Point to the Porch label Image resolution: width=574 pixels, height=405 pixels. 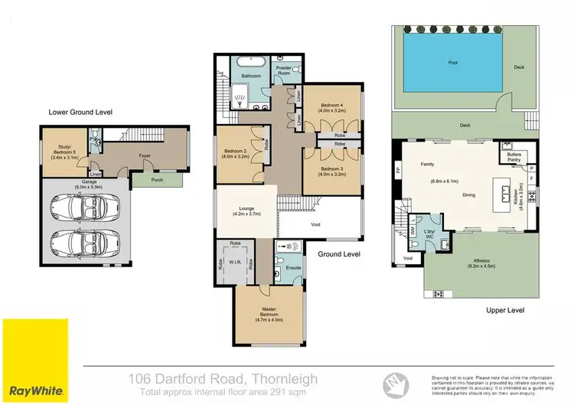(x=158, y=181)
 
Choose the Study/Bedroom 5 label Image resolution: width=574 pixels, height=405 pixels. (x=61, y=150)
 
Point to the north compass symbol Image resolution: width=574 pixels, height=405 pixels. (x=393, y=380)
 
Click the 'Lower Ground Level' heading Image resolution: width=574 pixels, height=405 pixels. (x=80, y=112)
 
